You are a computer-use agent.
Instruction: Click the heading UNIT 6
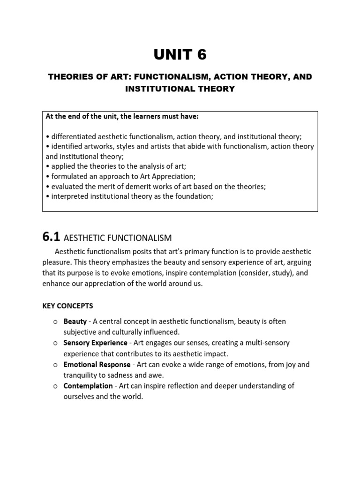[180, 55]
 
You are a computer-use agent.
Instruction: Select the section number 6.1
[51, 237]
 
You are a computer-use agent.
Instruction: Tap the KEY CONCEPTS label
[67, 306]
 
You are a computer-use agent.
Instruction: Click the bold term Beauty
[75, 322]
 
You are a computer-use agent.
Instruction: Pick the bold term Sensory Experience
[95, 343]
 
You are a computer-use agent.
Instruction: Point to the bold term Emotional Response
[97, 364]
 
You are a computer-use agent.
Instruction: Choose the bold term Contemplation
[88, 386]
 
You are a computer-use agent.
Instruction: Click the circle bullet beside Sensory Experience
[55, 343]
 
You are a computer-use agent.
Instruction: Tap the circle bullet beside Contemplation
[55, 386]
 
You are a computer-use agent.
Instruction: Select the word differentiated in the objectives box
[74, 136]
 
